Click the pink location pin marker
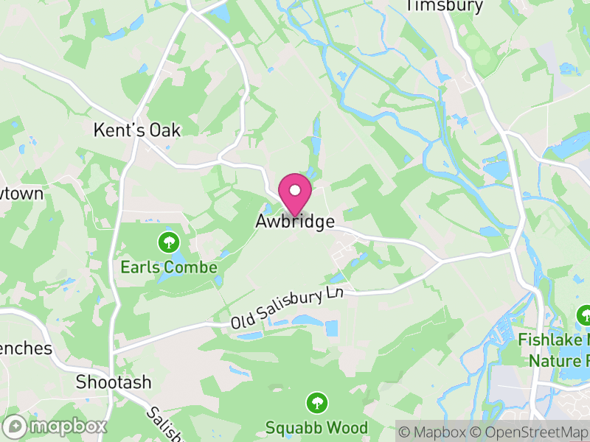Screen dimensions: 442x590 tap(295, 195)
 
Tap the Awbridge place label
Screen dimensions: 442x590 tap(295, 222)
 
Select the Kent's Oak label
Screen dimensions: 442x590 tap(137, 130)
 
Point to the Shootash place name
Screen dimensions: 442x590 tap(114, 382)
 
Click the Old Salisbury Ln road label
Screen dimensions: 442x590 tap(288, 309)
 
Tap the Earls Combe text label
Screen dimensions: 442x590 tap(169, 267)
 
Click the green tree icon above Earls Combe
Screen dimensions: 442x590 tap(170, 241)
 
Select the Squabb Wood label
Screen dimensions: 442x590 tap(316, 427)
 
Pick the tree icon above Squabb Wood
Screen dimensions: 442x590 tap(316, 402)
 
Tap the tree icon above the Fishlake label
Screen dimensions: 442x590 tap(585, 315)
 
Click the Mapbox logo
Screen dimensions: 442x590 tap(56, 427)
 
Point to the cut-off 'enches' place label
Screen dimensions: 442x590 tap(26, 348)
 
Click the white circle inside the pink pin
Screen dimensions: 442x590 tap(295, 190)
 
